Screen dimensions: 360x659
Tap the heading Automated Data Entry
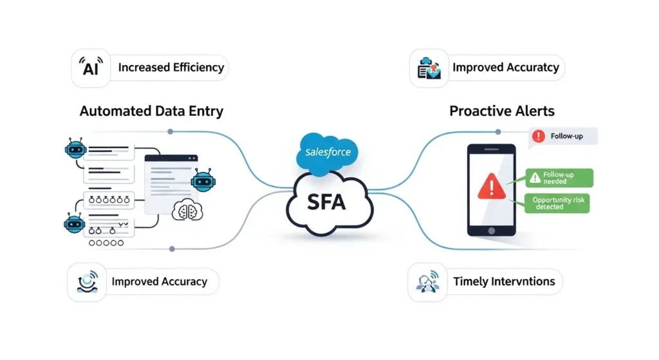click(151, 111)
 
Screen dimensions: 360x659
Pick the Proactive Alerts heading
click(501, 111)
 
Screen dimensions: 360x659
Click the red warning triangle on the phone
click(492, 187)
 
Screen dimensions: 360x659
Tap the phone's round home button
click(492, 230)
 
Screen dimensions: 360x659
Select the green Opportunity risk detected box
click(557, 204)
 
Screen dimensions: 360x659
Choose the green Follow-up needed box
click(559, 177)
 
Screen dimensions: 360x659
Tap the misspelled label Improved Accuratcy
click(505, 67)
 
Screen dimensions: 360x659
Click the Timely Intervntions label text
click(504, 281)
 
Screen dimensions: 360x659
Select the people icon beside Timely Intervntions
click(427, 283)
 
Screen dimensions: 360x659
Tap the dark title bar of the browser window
click(171, 158)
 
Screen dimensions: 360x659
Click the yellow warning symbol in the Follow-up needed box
click(534, 175)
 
